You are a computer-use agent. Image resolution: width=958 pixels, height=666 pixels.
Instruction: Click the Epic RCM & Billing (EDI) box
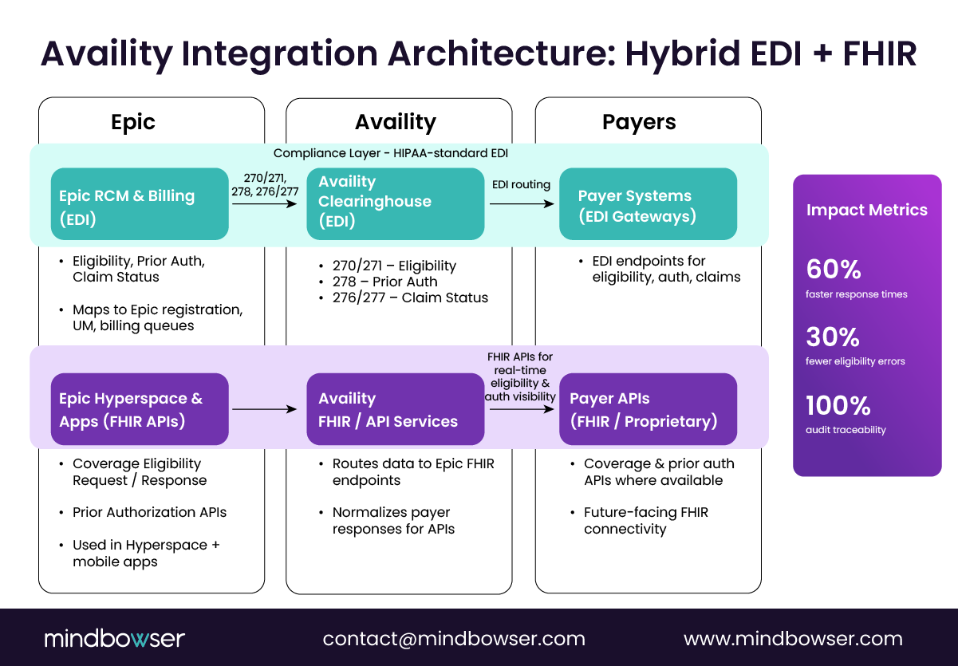click(140, 204)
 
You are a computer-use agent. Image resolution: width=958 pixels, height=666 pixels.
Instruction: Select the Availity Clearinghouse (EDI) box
click(396, 203)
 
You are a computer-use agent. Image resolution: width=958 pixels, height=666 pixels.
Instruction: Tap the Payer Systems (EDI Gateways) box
click(648, 204)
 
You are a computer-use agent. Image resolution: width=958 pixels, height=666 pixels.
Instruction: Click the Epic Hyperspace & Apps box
click(140, 409)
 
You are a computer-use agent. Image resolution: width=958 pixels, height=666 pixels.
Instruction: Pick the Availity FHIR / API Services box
click(396, 409)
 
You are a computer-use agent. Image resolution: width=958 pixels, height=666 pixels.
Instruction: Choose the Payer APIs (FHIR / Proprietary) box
click(648, 409)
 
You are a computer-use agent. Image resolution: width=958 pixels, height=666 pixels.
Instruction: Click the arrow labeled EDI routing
click(522, 203)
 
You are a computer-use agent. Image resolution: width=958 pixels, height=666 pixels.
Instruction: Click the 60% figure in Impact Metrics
click(834, 270)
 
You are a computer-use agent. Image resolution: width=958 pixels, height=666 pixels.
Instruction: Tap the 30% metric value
click(833, 337)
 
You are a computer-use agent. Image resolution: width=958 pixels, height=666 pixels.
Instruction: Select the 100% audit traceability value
click(838, 405)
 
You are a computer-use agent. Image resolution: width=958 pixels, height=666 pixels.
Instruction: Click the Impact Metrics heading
click(866, 210)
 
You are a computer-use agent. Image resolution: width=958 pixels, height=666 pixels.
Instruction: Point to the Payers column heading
click(638, 122)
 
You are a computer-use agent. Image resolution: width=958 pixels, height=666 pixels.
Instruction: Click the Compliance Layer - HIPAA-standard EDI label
click(390, 153)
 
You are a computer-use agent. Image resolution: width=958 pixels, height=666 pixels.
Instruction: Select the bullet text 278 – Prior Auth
click(384, 282)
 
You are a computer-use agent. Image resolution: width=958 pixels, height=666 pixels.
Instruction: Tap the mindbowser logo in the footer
click(114, 638)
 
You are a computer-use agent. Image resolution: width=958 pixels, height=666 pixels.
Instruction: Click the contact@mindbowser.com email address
click(454, 639)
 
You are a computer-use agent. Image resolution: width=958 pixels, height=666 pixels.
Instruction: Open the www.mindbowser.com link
click(793, 639)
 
